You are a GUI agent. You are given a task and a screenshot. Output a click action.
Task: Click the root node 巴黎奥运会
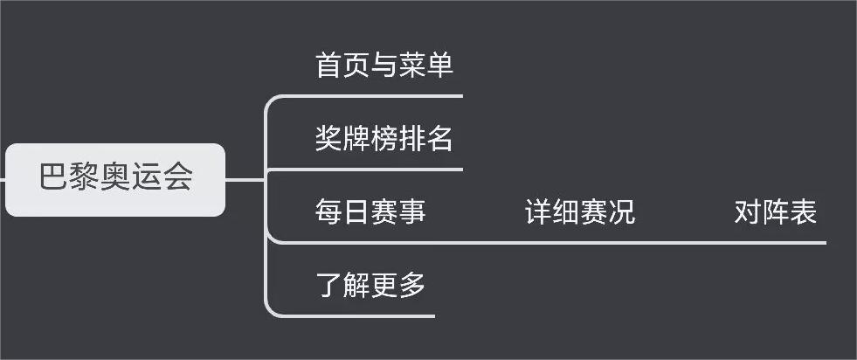point(115,179)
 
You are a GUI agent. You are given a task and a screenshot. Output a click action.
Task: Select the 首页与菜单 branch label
point(384,66)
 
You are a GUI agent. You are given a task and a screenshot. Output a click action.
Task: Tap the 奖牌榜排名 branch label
point(384,138)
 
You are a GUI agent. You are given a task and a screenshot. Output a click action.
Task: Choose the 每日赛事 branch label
point(370,211)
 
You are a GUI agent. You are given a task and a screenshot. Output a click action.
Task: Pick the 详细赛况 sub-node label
point(580,211)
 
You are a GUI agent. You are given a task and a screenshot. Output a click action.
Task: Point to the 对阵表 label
point(776,211)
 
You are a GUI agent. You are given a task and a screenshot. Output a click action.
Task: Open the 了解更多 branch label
point(370,285)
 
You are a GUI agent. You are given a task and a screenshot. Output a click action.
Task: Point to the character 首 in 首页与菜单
point(329,66)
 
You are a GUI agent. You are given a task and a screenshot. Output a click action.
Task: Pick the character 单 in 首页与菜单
point(440,66)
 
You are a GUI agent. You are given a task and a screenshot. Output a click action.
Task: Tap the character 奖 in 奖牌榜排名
point(329,138)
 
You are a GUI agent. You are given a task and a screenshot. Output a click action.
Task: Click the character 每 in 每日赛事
point(329,211)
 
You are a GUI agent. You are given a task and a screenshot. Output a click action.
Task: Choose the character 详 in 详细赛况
point(539,211)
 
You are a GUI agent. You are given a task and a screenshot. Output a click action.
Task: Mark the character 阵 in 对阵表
point(776,211)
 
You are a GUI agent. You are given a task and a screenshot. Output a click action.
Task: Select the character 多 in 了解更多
point(412,285)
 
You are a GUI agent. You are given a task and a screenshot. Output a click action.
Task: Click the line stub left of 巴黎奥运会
point(3,180)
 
